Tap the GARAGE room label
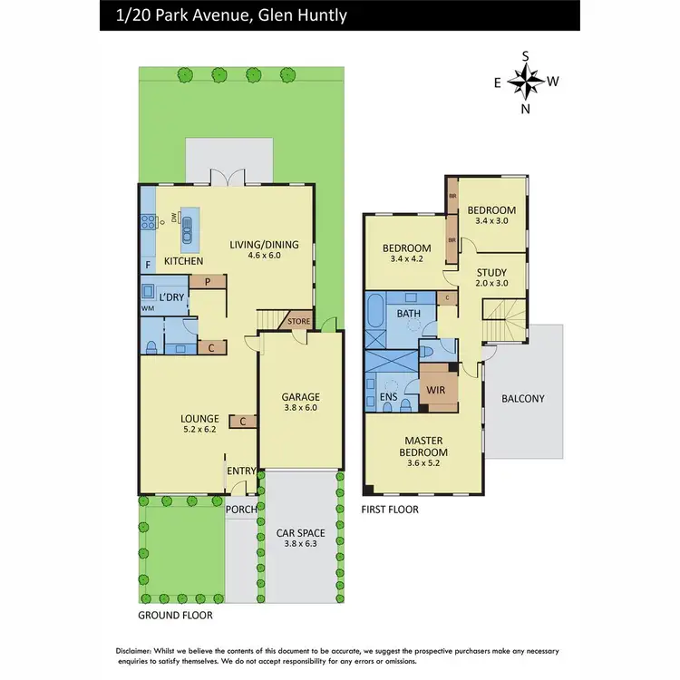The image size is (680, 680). tap(300, 397)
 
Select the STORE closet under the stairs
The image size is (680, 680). tap(298, 321)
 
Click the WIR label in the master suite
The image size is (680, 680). tap(437, 390)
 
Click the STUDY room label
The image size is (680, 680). tap(494, 269)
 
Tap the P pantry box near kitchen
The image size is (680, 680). tap(208, 282)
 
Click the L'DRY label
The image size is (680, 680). tap(172, 297)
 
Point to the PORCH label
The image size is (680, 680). tap(240, 509)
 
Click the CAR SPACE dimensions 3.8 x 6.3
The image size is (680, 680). tap(299, 544)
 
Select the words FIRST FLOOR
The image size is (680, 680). tap(390, 510)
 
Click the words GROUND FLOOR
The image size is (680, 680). tap(175, 615)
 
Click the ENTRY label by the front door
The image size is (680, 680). tap(242, 471)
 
